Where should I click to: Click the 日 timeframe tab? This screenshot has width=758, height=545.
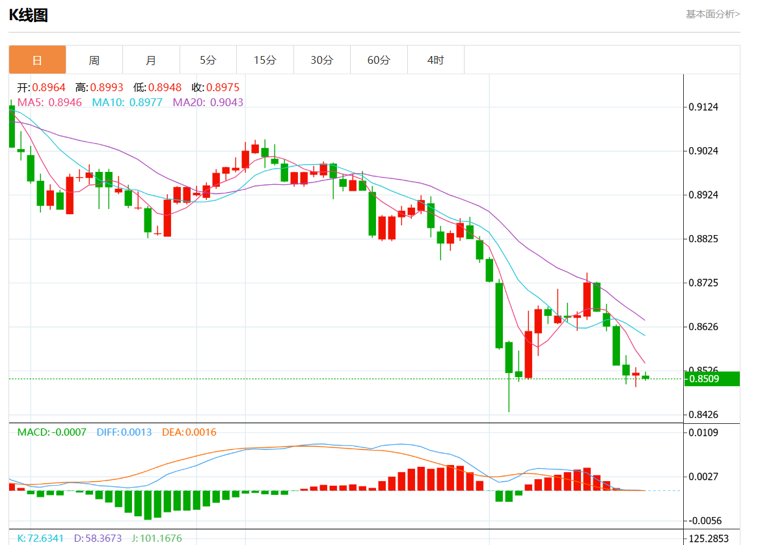pos(37,60)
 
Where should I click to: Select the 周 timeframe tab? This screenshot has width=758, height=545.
pos(94,60)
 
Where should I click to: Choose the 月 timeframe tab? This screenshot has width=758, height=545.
pos(151,60)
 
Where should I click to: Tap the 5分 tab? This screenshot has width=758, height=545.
pos(208,60)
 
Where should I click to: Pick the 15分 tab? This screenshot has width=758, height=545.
pos(265,60)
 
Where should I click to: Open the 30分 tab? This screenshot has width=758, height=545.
pos(321,60)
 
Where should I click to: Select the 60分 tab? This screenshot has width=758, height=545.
pos(379,60)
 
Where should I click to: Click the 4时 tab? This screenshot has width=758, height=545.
pos(435,60)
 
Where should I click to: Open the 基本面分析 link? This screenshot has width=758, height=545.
pos(712,14)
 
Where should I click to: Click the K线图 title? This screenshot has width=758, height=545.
pos(28,15)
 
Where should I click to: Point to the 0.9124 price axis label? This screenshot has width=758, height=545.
pos(703,107)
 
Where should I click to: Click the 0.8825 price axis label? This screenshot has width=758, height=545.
pos(703,239)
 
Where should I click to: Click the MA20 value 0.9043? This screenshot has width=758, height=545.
pos(226,102)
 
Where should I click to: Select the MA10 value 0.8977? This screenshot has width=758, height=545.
pos(146,102)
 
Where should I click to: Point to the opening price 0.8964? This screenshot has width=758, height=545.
pos(49,87)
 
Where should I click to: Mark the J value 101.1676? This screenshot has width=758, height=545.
pos(158,538)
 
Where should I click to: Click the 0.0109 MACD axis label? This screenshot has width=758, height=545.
pos(703,432)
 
